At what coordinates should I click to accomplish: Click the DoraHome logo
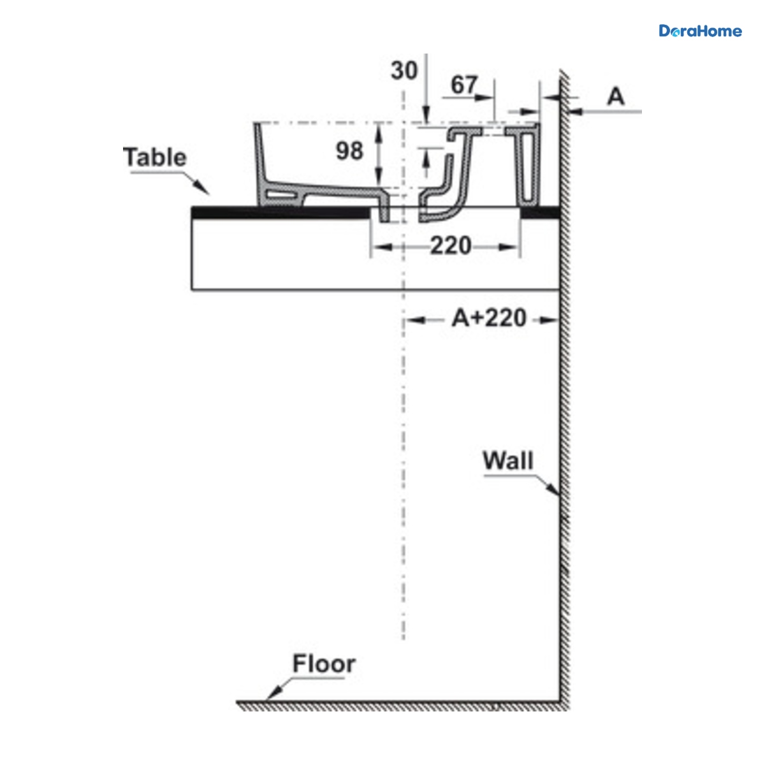tap(700, 31)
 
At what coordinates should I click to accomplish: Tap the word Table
tap(154, 157)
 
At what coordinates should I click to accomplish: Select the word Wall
tap(507, 460)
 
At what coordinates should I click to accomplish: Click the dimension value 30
tap(404, 71)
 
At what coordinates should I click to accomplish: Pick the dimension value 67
tap(463, 85)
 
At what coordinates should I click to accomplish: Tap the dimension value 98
tap(349, 151)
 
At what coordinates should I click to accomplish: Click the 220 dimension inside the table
tap(451, 245)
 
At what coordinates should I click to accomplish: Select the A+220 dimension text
tap(489, 318)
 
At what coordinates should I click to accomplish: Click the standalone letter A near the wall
tap(616, 96)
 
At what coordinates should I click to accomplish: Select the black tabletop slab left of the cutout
tap(280, 212)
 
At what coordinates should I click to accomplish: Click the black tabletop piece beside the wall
tap(541, 212)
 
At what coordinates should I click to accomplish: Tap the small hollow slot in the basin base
tap(282, 194)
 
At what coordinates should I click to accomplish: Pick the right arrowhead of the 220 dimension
tap(509, 247)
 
